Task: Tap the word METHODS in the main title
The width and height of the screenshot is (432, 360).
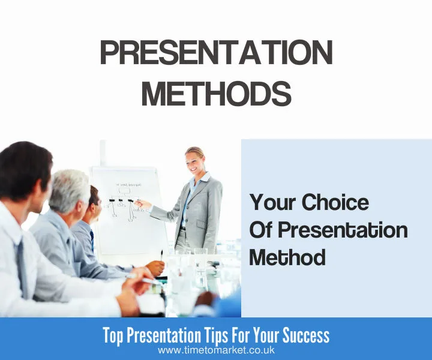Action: click(x=216, y=94)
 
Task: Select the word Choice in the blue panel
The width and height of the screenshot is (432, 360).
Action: click(x=335, y=203)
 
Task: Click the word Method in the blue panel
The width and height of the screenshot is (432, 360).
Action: click(x=287, y=257)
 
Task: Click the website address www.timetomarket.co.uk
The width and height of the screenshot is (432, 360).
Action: click(x=216, y=350)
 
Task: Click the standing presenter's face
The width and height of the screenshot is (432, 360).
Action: click(x=196, y=161)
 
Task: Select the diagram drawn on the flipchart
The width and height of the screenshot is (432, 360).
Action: click(x=124, y=204)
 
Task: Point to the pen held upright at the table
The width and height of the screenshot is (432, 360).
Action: click(x=161, y=254)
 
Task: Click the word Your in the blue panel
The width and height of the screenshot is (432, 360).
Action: click(x=274, y=203)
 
